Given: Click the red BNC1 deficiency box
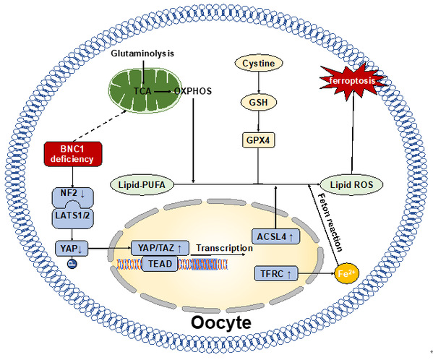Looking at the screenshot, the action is pyautogui.click(x=73, y=154).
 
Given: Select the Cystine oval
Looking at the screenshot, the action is pyautogui.click(x=259, y=63).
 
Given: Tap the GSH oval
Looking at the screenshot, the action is pyautogui.click(x=259, y=103).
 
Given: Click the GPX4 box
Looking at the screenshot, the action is pyautogui.click(x=258, y=140).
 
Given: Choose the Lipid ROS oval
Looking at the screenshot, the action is pyautogui.click(x=351, y=184).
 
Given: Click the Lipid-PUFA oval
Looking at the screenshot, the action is pyautogui.click(x=142, y=184).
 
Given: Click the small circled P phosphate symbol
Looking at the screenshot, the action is pyautogui.click(x=72, y=264).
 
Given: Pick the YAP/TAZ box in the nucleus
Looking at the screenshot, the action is pyautogui.click(x=160, y=248).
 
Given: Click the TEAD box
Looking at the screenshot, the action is pyautogui.click(x=160, y=264).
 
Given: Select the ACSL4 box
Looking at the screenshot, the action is pyautogui.click(x=275, y=236).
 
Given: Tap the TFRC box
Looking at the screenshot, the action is pyautogui.click(x=276, y=273).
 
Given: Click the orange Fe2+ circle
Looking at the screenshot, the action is pyautogui.click(x=346, y=273).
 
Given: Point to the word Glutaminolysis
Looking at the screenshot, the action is pyautogui.click(x=142, y=53).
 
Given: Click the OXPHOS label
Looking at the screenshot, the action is pyautogui.click(x=193, y=91).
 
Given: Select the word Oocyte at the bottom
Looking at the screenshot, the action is pyautogui.click(x=221, y=322).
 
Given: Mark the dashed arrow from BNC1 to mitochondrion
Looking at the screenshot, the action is pyautogui.click(x=100, y=126).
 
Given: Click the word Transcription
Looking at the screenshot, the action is pyautogui.click(x=225, y=248).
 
